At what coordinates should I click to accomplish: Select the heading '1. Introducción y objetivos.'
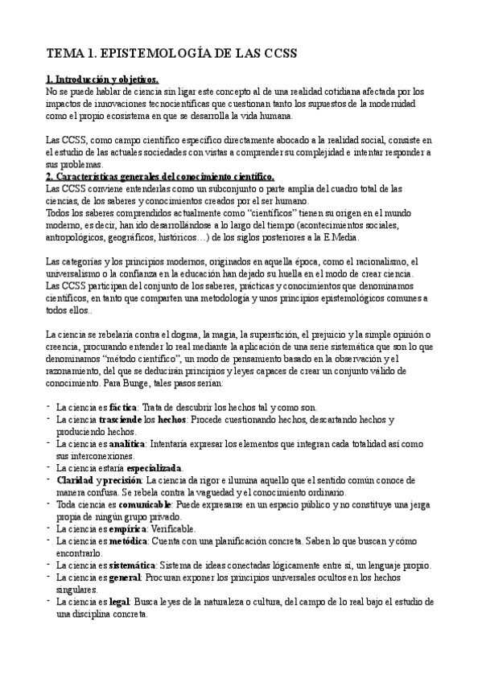click(x=101, y=80)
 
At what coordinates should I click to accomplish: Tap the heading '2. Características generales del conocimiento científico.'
click(x=160, y=176)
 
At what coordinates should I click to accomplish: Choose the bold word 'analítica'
click(x=127, y=444)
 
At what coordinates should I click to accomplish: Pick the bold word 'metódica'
click(x=129, y=540)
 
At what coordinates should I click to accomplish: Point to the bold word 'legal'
click(x=120, y=601)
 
